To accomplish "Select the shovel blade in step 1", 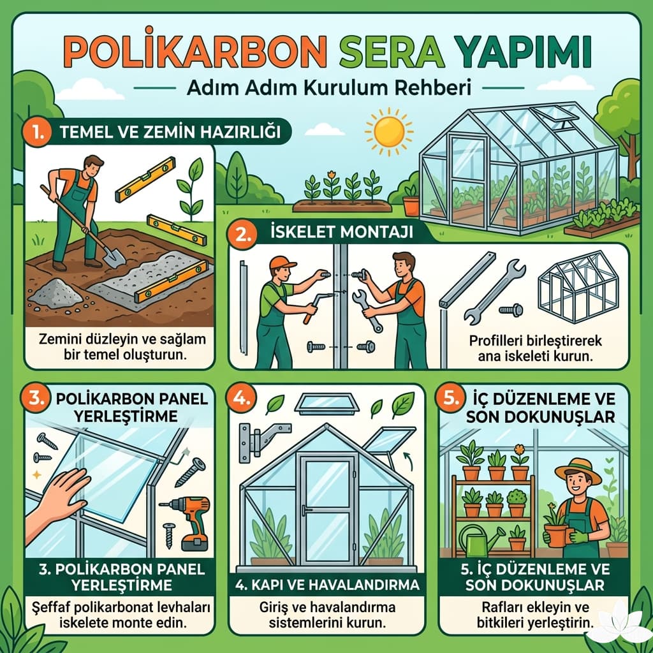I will coord(114,256).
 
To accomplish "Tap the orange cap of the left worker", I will coord(282,263).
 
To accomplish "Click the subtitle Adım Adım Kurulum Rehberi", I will coord(328,87).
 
